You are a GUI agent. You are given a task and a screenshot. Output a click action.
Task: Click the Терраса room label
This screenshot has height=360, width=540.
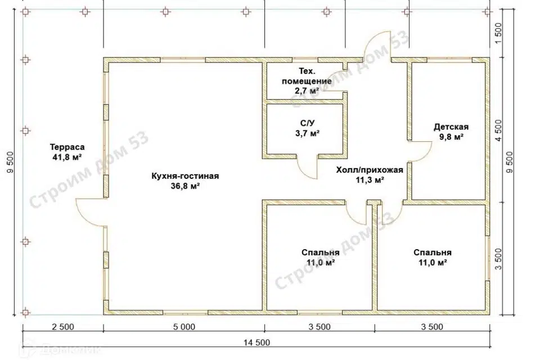[x=67, y=147]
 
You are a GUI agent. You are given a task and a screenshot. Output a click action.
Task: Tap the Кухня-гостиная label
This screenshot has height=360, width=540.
[x=185, y=176]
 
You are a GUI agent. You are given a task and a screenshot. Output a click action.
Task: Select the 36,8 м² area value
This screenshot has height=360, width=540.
[x=185, y=186]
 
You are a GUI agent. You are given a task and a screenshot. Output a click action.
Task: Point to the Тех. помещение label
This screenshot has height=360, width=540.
[x=307, y=76]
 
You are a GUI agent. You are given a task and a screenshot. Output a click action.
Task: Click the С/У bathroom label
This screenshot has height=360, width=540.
[x=308, y=123]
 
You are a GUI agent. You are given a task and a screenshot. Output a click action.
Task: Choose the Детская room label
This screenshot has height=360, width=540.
[x=451, y=127]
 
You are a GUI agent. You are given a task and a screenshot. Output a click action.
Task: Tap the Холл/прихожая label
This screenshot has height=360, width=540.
[x=370, y=170]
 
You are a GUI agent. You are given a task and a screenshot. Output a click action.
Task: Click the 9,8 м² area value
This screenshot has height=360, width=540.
[x=451, y=137]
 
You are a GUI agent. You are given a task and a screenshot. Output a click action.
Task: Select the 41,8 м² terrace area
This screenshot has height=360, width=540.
[x=67, y=157]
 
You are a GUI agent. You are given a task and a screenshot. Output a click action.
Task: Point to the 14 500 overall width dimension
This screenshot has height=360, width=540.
[x=257, y=343]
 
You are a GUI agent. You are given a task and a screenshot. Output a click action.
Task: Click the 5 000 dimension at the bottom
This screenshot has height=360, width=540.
[x=184, y=327]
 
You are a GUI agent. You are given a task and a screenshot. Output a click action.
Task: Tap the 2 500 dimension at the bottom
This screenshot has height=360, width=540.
[x=63, y=327]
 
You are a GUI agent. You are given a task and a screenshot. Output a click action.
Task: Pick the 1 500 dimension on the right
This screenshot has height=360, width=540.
[x=498, y=33]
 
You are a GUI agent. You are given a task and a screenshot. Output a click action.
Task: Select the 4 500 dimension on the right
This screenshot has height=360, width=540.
[x=498, y=130]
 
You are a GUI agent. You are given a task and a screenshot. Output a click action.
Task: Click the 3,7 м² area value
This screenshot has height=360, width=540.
[x=308, y=133]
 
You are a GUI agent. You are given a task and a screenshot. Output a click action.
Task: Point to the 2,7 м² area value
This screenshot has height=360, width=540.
[x=307, y=91]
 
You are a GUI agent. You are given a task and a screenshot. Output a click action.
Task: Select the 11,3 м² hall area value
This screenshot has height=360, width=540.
[x=370, y=180]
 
